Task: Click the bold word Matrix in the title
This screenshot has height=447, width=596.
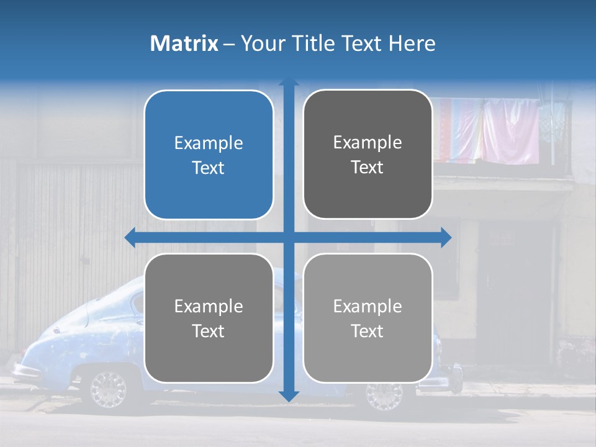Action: [x=184, y=43]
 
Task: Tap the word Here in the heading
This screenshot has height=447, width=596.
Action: [x=412, y=43]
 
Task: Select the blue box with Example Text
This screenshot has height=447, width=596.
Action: [x=209, y=155]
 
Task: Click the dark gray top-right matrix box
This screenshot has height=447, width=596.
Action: [x=368, y=155]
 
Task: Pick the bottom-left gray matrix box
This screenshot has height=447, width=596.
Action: [x=209, y=318]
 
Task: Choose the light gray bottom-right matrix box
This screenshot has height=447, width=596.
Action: [x=368, y=318]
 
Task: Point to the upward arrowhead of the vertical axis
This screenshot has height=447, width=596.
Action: [x=289, y=83]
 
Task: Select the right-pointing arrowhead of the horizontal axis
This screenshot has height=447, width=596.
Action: [x=446, y=237]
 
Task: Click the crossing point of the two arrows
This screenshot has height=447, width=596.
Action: [x=289, y=237]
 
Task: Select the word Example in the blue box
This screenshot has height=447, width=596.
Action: [x=209, y=143]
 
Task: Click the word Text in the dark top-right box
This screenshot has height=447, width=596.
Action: [x=368, y=168]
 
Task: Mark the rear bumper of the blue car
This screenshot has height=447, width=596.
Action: [x=25, y=371]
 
